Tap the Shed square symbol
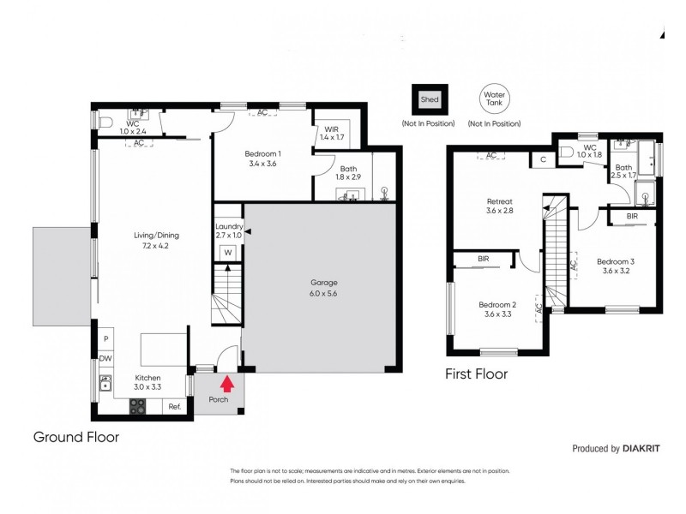pyautogui.click(x=429, y=99)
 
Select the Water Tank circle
pyautogui.click(x=494, y=99)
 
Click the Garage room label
pyautogui.click(x=325, y=287)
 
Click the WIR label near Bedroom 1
pyautogui.click(x=331, y=132)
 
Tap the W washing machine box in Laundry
pyautogui.click(x=228, y=253)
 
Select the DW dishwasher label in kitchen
pyautogui.click(x=105, y=358)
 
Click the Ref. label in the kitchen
pyautogui.click(x=173, y=406)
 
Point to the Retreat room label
pyautogui.click(x=499, y=205)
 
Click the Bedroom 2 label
pyautogui.click(x=497, y=308)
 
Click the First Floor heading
pyautogui.click(x=476, y=374)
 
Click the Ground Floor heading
pyautogui.click(x=75, y=437)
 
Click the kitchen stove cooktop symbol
pyautogui.click(x=138, y=407)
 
